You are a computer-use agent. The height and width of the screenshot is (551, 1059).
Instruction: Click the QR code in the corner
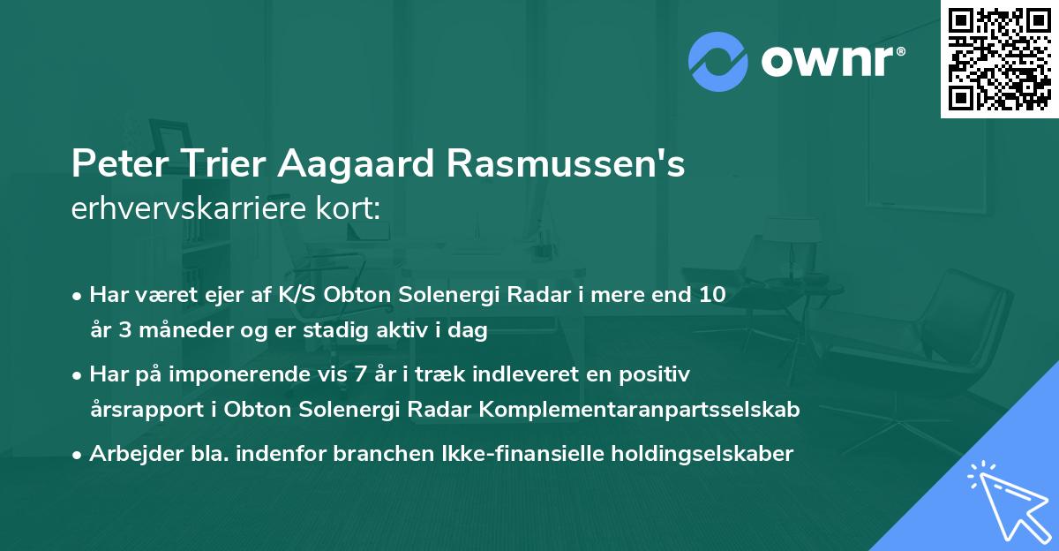pyautogui.click(x=999, y=58)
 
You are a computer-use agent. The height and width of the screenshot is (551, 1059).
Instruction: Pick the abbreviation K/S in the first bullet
pyautogui.click(x=298, y=295)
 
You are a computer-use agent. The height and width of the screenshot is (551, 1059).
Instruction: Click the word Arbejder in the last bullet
pyautogui.click(x=127, y=454)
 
